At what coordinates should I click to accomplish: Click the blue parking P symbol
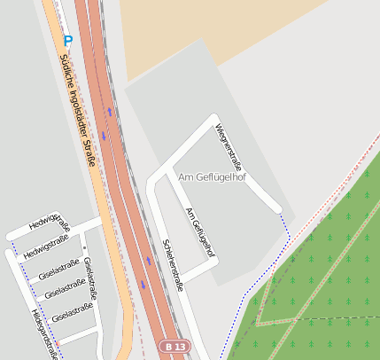click(67, 40)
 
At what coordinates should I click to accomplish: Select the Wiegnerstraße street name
click(229, 146)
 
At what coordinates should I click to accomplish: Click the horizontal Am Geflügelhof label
click(212, 177)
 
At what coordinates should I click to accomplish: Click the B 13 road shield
click(175, 346)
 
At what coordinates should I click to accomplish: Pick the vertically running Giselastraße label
click(92, 278)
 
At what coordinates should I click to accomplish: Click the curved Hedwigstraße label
click(49, 222)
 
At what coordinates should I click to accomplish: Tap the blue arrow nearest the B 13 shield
click(143, 285)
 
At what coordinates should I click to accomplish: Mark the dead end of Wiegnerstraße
click(280, 209)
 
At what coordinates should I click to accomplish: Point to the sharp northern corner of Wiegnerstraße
click(213, 116)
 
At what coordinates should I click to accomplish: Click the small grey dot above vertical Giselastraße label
click(84, 247)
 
